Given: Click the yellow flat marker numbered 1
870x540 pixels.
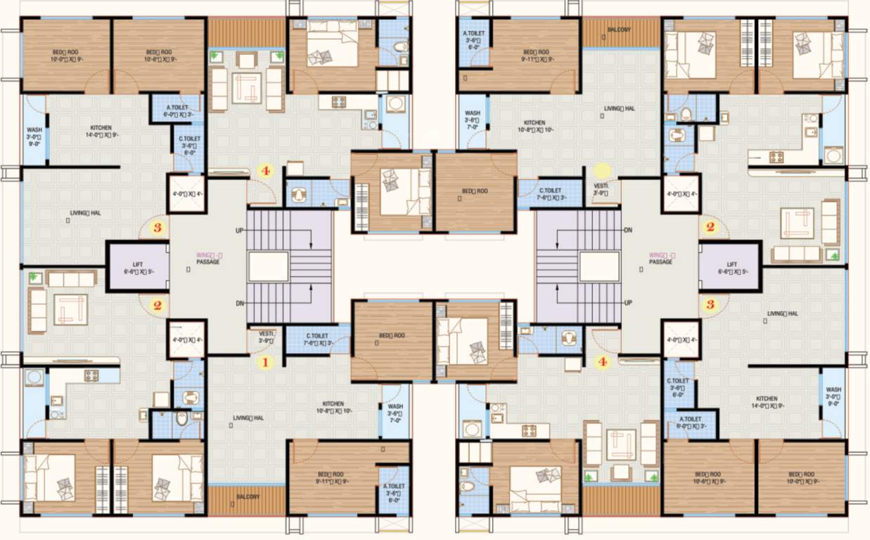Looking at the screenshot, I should [x=265, y=363].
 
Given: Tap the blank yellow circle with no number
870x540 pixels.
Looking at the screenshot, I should [x=602, y=170].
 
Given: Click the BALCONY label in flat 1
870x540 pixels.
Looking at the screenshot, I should [x=248, y=496].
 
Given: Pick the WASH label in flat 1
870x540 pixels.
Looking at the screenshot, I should [x=395, y=409].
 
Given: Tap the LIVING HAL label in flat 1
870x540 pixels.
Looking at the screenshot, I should [x=248, y=418].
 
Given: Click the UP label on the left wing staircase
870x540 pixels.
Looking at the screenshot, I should [x=240, y=230].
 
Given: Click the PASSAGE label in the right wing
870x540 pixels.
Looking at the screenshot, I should [x=660, y=262].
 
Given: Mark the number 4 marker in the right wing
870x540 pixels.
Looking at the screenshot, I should [x=602, y=363].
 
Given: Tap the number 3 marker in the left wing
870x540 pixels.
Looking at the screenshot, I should [x=158, y=228].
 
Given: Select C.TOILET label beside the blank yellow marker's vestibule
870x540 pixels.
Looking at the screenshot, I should [x=550, y=193].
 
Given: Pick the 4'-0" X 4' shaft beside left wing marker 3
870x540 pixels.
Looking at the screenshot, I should [x=186, y=195].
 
